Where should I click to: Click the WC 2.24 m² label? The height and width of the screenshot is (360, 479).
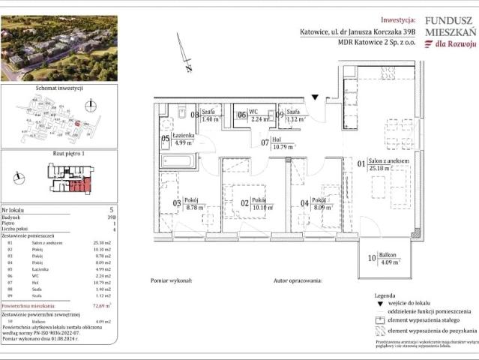259,116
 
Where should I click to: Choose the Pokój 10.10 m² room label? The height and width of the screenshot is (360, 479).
259,204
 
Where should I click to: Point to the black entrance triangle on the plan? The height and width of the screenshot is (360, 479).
316,97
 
